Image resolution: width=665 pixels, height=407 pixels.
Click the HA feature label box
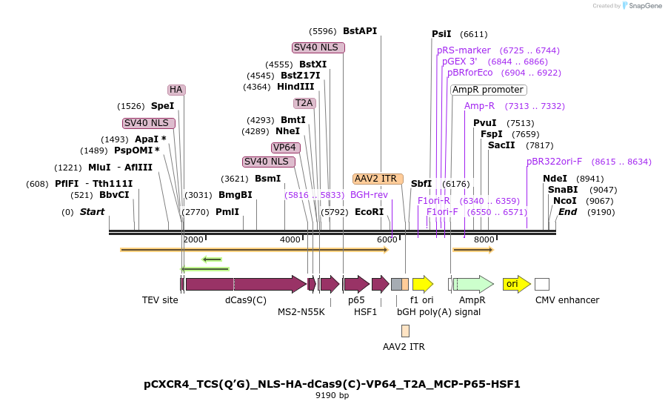(x=176, y=90)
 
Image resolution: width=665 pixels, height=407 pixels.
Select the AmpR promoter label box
(x=488, y=90)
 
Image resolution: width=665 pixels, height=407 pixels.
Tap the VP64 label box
(x=285, y=148)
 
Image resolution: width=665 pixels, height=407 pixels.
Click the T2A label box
(x=304, y=103)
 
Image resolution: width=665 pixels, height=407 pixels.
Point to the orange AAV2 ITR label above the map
(x=378, y=179)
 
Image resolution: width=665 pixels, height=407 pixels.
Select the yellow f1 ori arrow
(x=422, y=284)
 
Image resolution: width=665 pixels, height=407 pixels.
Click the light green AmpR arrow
(x=474, y=284)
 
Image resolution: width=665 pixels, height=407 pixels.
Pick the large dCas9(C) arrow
(x=244, y=284)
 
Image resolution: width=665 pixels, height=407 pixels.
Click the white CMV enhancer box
(x=542, y=284)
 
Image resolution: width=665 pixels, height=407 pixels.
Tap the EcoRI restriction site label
(x=369, y=212)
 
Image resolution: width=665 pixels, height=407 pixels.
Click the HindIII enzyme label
(x=295, y=87)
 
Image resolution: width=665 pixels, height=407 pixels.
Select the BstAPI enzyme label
(x=360, y=31)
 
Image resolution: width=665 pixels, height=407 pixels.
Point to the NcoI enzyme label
(x=564, y=201)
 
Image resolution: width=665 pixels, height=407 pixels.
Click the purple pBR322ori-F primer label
(x=554, y=161)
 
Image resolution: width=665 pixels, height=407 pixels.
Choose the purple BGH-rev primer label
(x=369, y=195)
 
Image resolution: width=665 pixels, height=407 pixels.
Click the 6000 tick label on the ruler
(x=387, y=239)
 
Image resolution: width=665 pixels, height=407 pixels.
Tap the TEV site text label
(x=160, y=300)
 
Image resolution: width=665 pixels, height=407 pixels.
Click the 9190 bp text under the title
(x=332, y=395)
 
